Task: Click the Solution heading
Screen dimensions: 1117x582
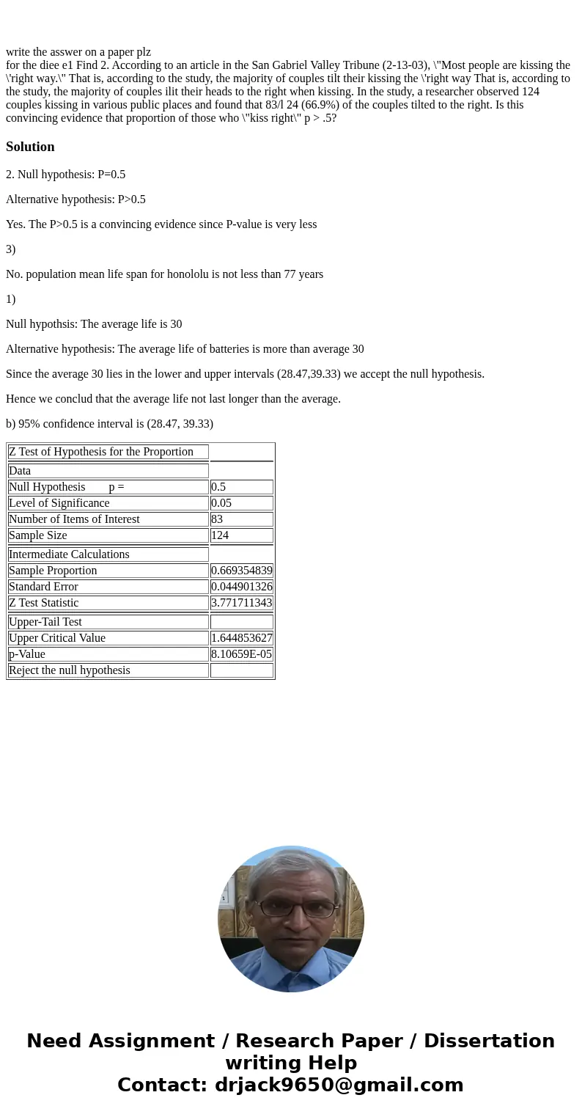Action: [x=30, y=147]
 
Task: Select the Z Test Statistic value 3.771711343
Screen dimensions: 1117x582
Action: [x=241, y=603]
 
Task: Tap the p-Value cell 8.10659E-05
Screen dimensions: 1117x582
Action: [x=241, y=654]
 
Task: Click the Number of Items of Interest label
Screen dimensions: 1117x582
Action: [x=74, y=519]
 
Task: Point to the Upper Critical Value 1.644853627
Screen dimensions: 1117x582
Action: [x=241, y=638]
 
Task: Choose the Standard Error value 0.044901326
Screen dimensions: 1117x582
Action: [x=241, y=587]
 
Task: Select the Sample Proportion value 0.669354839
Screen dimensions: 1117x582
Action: [x=241, y=571]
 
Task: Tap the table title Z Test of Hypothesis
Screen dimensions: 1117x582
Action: [x=101, y=452]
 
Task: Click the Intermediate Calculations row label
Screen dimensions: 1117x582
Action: [x=69, y=554]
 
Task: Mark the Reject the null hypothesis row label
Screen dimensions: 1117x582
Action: [x=70, y=670]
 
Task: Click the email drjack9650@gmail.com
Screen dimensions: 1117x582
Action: [x=339, y=1085]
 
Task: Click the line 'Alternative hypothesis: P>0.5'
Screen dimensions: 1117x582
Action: [x=75, y=199]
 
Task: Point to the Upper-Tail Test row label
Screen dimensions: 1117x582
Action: [x=45, y=622]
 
